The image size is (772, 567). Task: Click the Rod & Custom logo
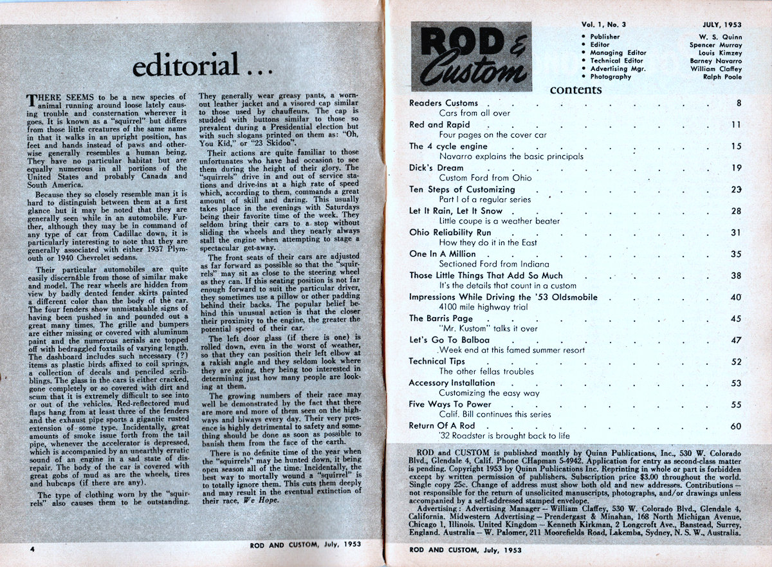click(471, 56)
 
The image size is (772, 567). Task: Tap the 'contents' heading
click(575, 89)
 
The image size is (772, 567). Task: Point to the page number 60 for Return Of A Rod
click(736, 426)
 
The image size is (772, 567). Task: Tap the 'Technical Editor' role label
click(616, 60)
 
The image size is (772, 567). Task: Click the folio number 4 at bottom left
click(32, 550)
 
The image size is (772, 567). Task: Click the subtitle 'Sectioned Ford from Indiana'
click(493, 264)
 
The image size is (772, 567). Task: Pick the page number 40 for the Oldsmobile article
click(736, 297)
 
